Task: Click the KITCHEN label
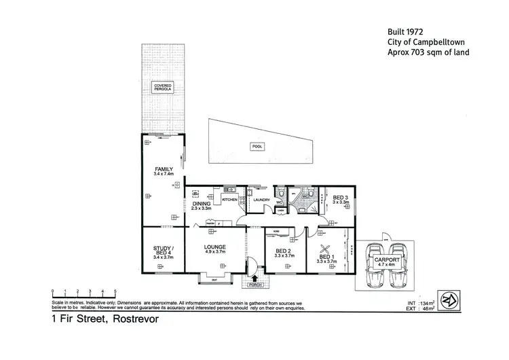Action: click(x=229, y=200)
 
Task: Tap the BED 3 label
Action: click(x=340, y=200)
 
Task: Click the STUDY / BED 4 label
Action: click(x=163, y=252)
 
